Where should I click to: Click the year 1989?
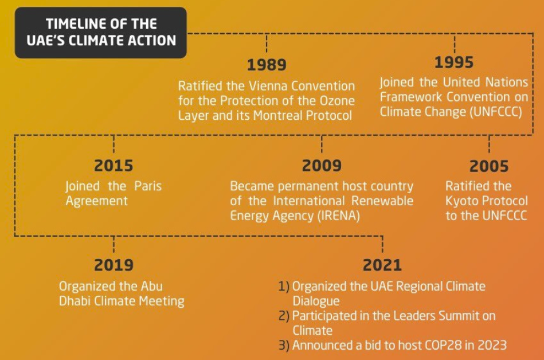pos(267,64)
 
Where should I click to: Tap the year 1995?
pos(454,62)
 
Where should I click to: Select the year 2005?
pos(488,166)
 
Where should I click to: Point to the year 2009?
pos(322,166)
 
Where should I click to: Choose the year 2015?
pos(114,166)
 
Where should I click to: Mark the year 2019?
pos(114,265)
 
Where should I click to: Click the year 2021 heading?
pos(382,265)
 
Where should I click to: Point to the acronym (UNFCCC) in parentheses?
pos(496,112)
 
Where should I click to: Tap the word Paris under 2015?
pos(147,186)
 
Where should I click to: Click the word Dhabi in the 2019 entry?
pos(77,301)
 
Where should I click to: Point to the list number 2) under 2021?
pos(284,316)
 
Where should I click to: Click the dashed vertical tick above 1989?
pos(267,44)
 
